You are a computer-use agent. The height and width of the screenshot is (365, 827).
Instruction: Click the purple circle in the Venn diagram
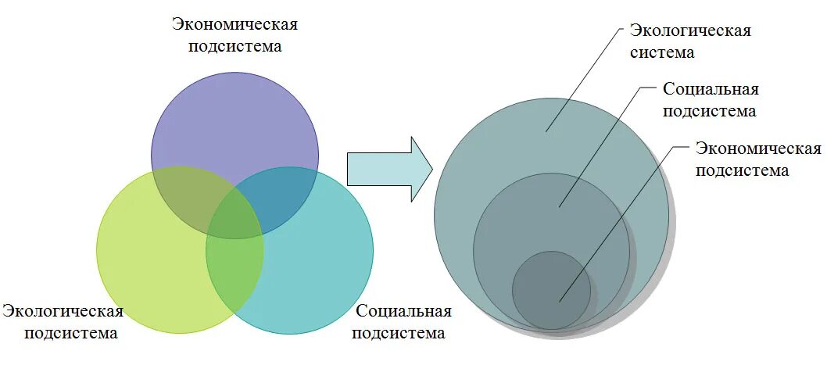pos(234,117)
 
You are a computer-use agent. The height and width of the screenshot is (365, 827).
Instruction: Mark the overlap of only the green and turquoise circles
pos(234,270)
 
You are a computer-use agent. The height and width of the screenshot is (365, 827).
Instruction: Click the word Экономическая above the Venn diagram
pos(234,24)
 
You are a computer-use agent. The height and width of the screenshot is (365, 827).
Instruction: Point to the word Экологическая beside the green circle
pos(63,312)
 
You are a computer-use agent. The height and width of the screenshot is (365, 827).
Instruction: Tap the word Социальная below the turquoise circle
pos(403,311)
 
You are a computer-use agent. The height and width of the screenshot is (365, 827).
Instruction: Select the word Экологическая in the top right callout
pos(690,31)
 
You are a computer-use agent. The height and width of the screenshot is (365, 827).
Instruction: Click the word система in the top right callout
pos(662,53)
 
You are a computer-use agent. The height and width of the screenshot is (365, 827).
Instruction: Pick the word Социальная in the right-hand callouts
pos(711,89)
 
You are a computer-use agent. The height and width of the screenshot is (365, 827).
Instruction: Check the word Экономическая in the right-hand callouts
pos(758,149)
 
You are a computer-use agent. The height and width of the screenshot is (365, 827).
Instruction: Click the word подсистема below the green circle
pos(70,334)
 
